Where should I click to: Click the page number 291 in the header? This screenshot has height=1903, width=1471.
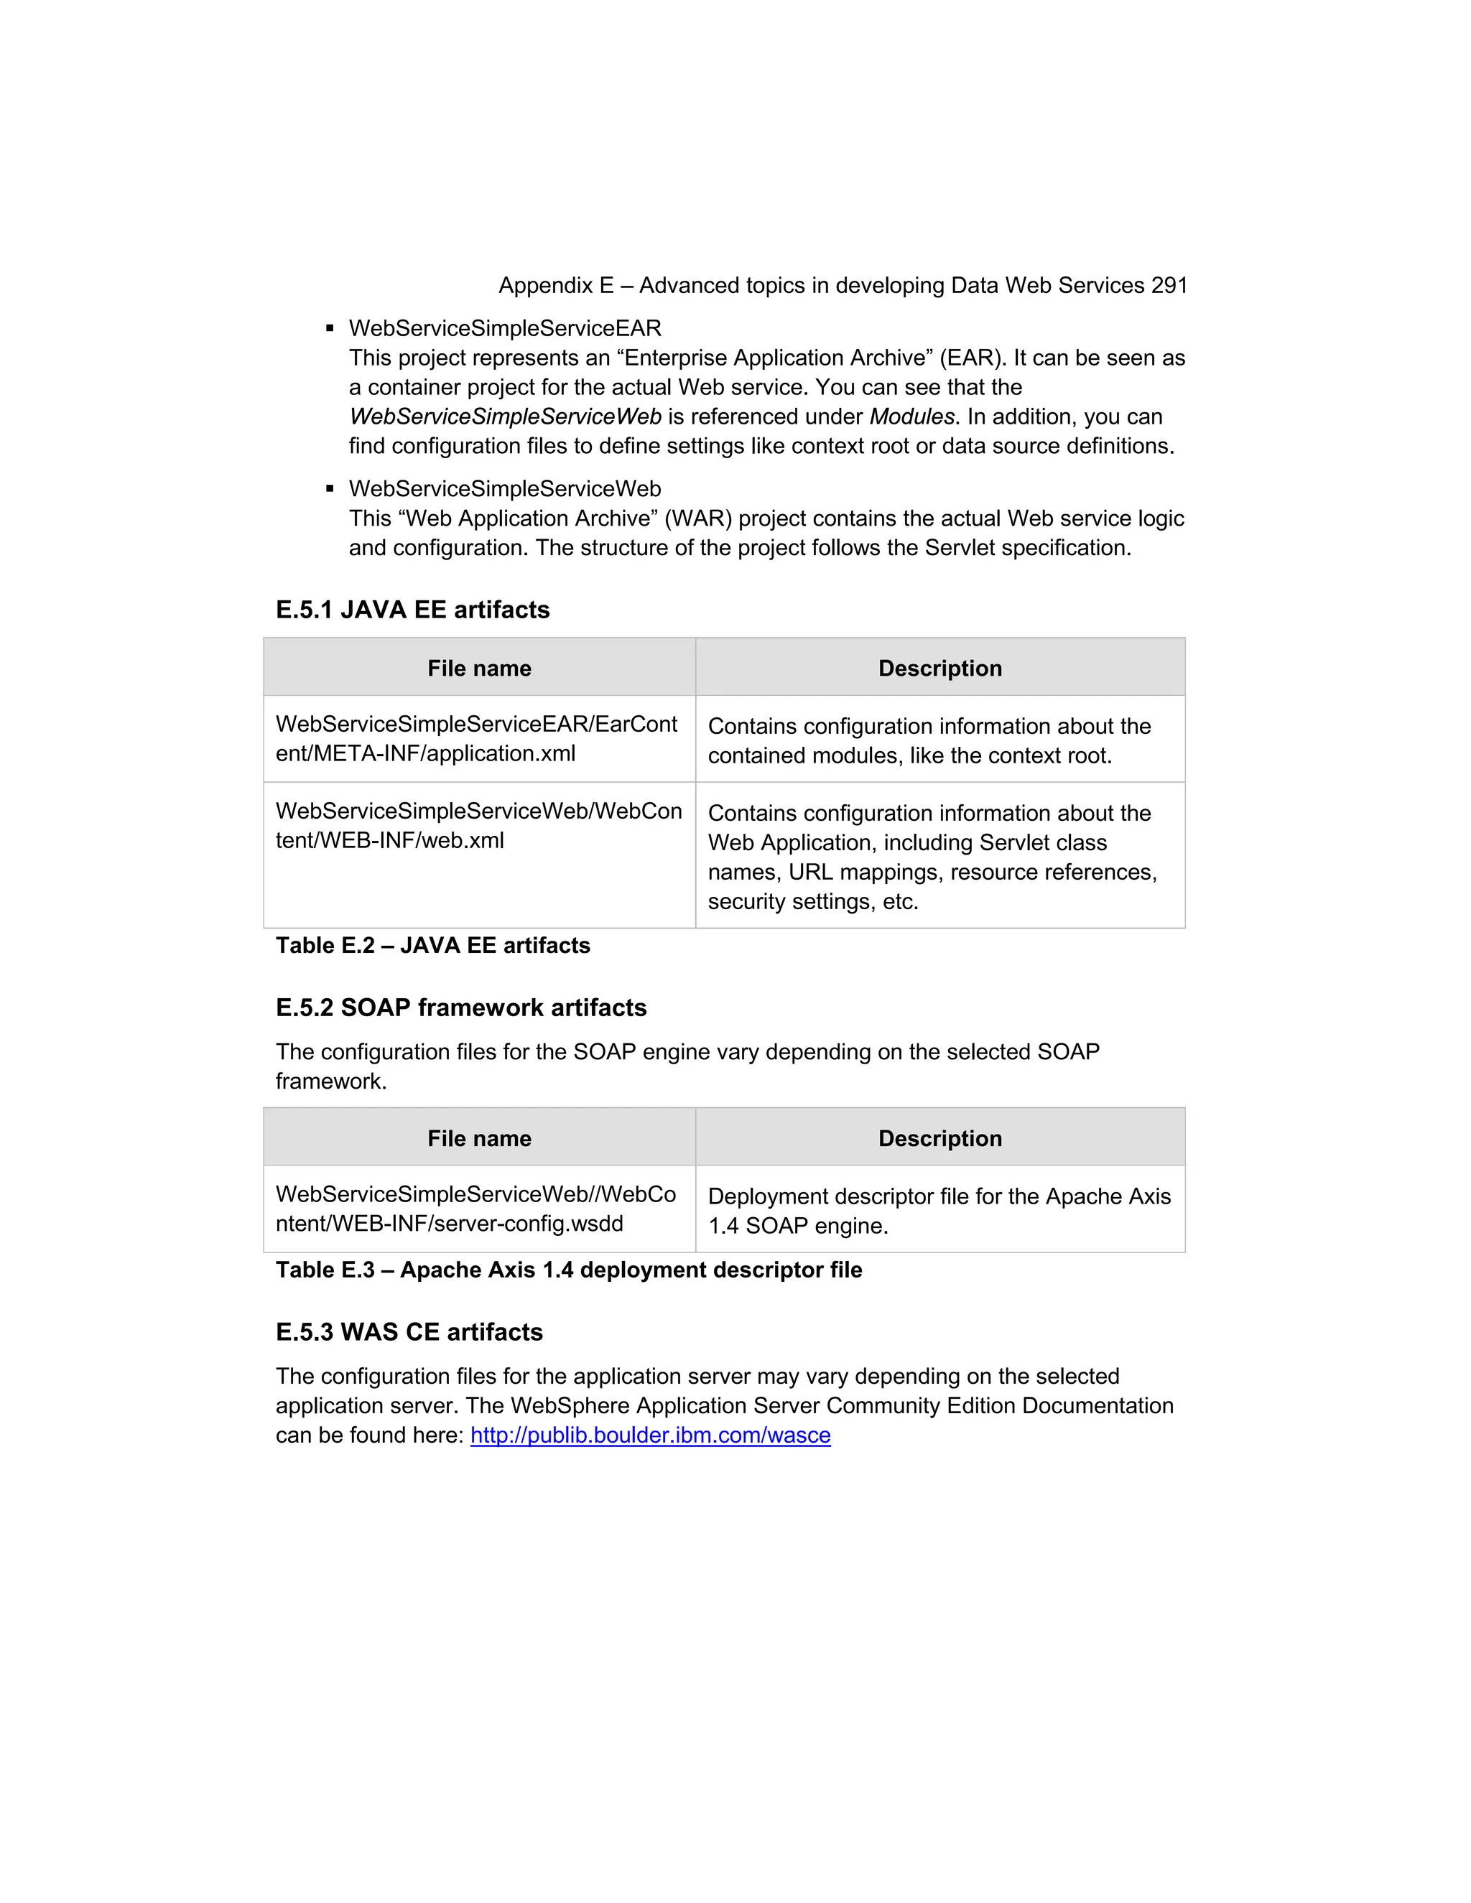coord(1169,286)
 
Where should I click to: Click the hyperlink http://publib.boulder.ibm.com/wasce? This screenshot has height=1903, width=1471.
coord(650,1435)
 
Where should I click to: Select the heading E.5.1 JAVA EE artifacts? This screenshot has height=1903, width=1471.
coord(412,610)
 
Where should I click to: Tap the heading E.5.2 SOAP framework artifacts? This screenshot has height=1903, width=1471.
coord(461,1008)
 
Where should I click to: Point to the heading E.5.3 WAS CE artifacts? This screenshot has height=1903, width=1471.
coord(409,1332)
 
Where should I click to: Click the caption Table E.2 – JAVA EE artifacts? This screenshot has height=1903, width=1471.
coord(432,946)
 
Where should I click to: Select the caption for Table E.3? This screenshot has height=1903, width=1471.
coord(568,1270)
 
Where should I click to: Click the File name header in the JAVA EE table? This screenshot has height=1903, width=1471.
coord(478,669)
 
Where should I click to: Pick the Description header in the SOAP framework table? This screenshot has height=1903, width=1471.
coord(939,1139)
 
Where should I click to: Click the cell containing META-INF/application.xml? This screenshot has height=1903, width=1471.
coord(478,739)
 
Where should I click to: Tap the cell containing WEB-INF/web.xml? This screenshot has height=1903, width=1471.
coord(478,826)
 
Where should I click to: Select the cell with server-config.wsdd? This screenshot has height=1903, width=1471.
coord(478,1209)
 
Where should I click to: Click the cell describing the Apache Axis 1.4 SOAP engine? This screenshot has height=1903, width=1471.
coord(939,1211)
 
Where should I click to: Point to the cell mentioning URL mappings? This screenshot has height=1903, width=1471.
coord(939,857)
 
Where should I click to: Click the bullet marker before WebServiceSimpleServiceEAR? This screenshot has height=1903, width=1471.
coord(330,328)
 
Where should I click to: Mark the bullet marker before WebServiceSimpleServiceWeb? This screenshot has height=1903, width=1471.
coord(330,489)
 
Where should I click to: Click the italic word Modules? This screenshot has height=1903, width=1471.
coord(911,417)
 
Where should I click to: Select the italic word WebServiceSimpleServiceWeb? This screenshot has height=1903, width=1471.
coord(504,417)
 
